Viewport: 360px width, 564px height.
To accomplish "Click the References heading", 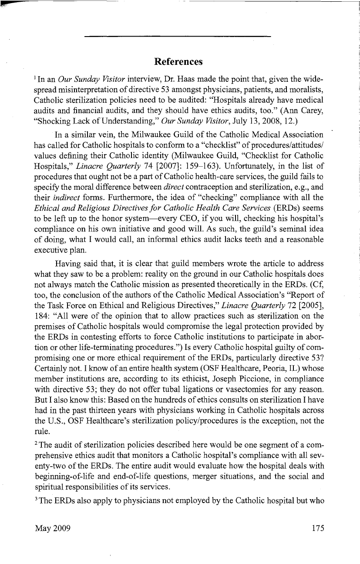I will pos(178,61).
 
